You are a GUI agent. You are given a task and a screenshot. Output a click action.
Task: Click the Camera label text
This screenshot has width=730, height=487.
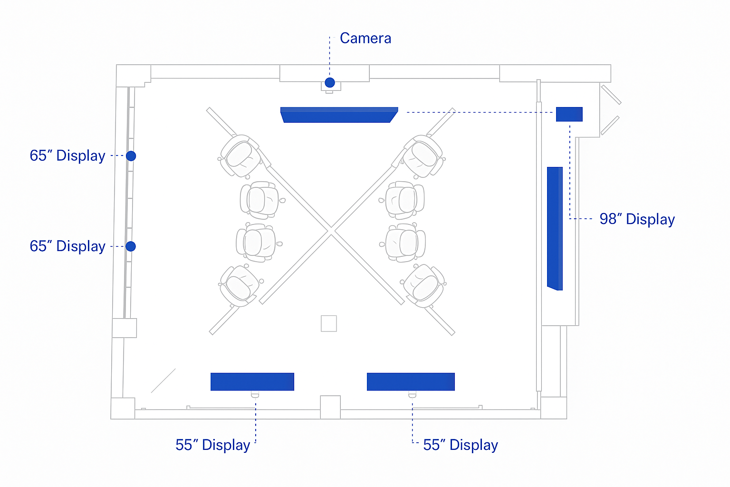point(365,38)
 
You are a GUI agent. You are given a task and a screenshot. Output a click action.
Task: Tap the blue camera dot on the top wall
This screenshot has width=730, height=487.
point(330,83)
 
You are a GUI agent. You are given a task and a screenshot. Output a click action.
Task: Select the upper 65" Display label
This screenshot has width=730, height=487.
point(67,156)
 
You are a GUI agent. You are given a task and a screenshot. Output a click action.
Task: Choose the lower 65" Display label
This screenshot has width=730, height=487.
point(67,246)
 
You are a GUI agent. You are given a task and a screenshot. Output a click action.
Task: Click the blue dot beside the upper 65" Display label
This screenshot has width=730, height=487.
point(131,156)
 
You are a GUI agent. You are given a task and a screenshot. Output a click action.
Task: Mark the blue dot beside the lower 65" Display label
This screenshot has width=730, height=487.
point(131,246)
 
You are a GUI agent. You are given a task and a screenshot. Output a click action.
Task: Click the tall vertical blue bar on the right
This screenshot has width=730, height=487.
point(555,228)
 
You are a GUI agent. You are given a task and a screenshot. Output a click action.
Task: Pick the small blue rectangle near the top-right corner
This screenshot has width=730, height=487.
point(569,114)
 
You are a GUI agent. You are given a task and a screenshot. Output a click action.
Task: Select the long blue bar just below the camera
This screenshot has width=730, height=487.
point(339,115)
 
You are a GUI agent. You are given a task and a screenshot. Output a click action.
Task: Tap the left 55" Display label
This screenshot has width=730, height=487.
point(212,445)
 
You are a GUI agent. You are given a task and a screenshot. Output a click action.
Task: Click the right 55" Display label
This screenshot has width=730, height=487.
point(460,445)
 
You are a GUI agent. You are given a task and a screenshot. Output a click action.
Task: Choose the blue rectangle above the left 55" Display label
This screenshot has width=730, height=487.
point(252,381)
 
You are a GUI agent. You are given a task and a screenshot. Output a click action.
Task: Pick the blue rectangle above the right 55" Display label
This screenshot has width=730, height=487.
point(411,381)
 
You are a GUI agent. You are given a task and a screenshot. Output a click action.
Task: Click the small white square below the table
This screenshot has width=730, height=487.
point(329,323)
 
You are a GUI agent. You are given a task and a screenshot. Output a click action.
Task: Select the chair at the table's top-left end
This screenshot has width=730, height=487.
point(240,155)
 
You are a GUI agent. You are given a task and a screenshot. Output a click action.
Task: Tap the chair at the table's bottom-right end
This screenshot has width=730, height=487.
point(423,286)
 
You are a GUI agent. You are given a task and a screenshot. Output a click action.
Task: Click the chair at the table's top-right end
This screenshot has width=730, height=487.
point(423,156)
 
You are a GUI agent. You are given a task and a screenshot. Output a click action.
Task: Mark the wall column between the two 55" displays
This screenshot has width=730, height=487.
point(330,407)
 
